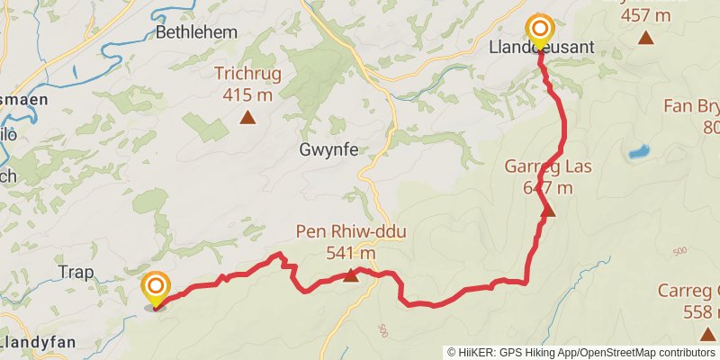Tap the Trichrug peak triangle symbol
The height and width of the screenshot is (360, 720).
pyautogui.click(x=247, y=117)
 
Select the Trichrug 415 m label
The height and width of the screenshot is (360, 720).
pyautogui.click(x=247, y=82)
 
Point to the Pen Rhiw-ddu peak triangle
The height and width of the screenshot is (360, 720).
pyautogui.click(x=351, y=276)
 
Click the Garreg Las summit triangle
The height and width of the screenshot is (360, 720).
pyautogui.click(x=548, y=211)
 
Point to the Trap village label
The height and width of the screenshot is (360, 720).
pyautogui.click(x=76, y=271)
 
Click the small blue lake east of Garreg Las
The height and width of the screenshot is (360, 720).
pyautogui.click(x=640, y=151)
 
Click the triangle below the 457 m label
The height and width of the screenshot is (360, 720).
pyautogui.click(x=645, y=38)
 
